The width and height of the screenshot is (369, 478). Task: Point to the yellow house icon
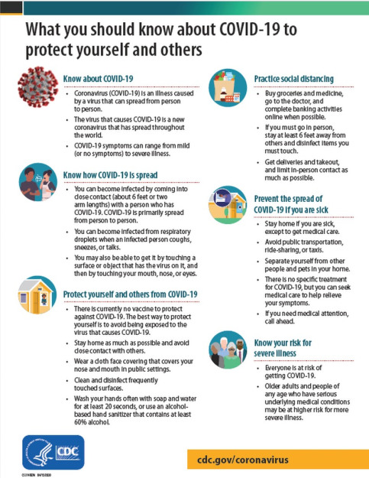37,293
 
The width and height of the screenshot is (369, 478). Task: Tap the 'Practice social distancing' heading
293,78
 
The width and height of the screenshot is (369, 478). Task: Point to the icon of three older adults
228,351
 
